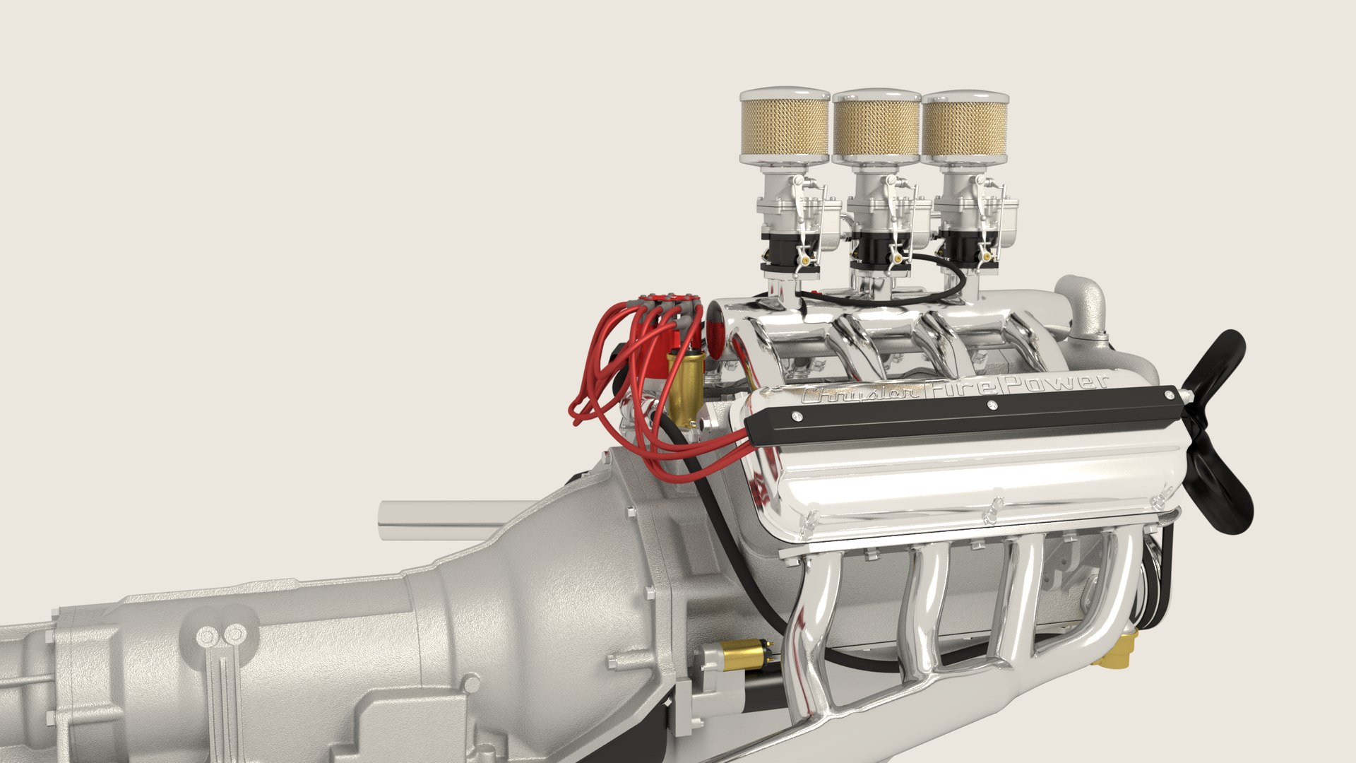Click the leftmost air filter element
[785, 127]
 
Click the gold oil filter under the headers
[1117, 649]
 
